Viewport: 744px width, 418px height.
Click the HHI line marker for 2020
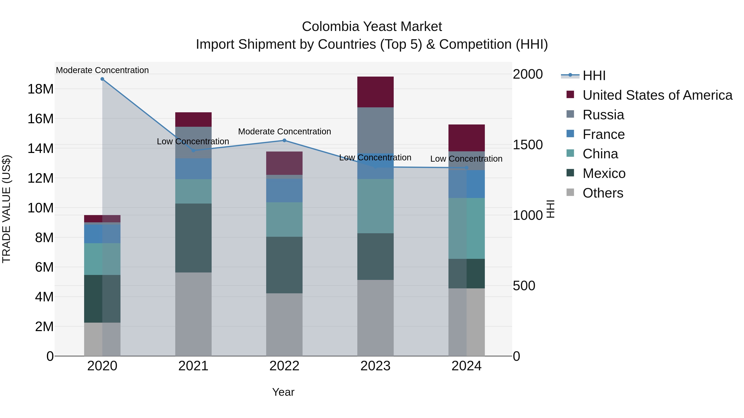[x=102, y=79]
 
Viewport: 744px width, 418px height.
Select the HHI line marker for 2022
[x=284, y=141]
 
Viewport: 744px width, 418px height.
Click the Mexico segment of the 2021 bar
[x=193, y=238]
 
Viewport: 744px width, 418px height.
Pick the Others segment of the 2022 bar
[x=284, y=324]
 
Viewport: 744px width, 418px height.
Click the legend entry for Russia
[x=603, y=115]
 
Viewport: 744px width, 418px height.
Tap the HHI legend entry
[x=594, y=76]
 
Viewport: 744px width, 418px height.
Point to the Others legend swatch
[x=570, y=192]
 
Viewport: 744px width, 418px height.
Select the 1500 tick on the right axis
[x=528, y=145]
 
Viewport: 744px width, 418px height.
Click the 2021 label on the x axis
[x=193, y=366]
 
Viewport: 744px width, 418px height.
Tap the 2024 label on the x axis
[x=466, y=366]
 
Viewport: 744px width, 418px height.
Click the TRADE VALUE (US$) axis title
[x=6, y=209]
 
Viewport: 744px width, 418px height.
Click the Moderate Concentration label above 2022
[x=284, y=131]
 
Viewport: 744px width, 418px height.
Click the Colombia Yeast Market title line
[x=372, y=27]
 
